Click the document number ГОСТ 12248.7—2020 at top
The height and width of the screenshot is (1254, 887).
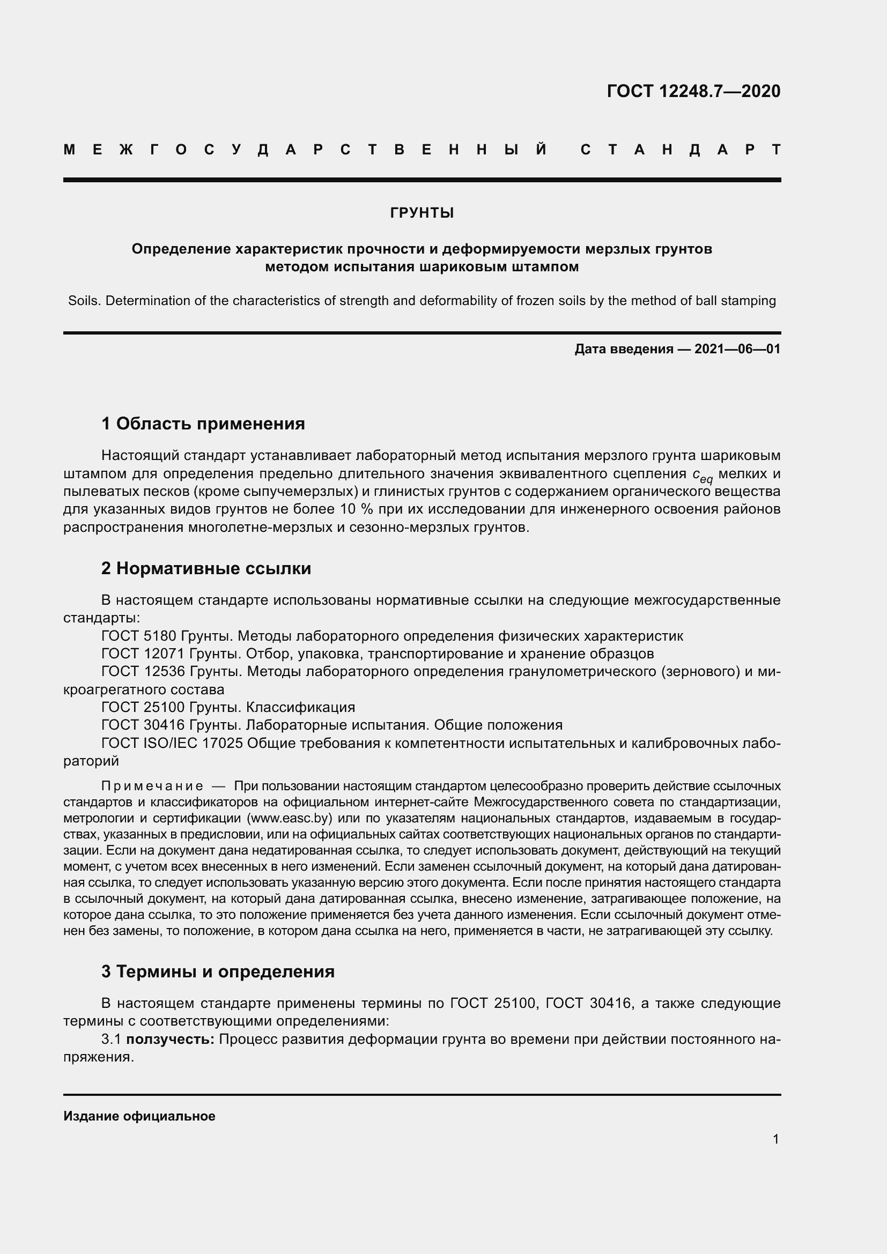(x=693, y=91)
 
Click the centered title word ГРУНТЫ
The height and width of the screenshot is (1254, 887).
(x=422, y=213)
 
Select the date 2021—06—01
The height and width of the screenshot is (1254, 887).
(x=737, y=349)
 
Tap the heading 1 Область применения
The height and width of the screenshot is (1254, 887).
(x=203, y=424)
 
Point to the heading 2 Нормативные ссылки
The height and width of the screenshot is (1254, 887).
(x=206, y=568)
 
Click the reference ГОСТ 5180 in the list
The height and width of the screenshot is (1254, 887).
(x=139, y=636)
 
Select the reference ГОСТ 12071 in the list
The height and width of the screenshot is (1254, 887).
(x=143, y=654)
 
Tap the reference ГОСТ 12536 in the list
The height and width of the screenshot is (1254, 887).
(x=143, y=671)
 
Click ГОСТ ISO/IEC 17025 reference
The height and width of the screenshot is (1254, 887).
(x=172, y=743)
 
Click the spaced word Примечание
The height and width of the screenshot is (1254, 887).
(x=152, y=786)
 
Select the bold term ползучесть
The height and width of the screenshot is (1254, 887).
(x=171, y=1040)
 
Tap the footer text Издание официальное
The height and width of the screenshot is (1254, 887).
(x=139, y=1116)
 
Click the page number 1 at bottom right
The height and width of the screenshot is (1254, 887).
(x=775, y=1139)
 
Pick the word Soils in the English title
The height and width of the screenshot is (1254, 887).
(x=83, y=301)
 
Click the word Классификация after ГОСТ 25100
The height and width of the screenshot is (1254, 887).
(x=300, y=707)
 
